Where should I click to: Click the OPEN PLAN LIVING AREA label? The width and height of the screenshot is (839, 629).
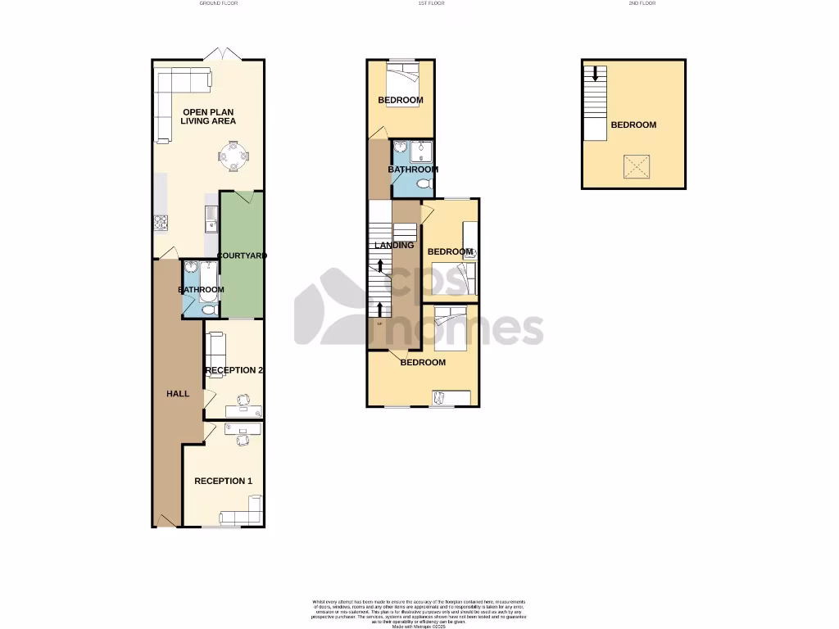point(209,116)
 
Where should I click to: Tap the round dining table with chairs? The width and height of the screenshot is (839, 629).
point(234,155)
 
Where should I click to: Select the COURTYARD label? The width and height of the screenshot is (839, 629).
point(243,256)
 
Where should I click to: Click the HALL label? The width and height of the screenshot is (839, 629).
point(178,394)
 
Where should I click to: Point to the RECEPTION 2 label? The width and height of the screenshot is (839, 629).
point(234,370)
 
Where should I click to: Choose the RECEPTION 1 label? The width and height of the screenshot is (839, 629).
point(223,481)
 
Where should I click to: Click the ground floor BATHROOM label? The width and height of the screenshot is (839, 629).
point(201,290)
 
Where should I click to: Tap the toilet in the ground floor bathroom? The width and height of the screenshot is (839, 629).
point(208,310)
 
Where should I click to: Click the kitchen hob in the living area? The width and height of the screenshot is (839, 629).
point(160,222)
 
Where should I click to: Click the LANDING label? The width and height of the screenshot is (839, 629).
point(394,245)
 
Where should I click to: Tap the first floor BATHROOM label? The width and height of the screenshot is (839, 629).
point(413,170)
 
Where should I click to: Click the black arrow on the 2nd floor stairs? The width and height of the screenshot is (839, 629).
point(595,73)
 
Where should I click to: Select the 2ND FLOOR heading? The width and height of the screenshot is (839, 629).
point(643,3)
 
